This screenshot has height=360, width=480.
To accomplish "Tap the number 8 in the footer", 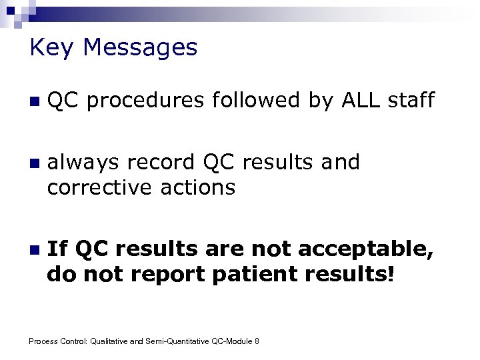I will point(257,341).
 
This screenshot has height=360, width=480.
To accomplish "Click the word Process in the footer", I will point(42,341).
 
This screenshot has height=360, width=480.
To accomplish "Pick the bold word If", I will point(58,249).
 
